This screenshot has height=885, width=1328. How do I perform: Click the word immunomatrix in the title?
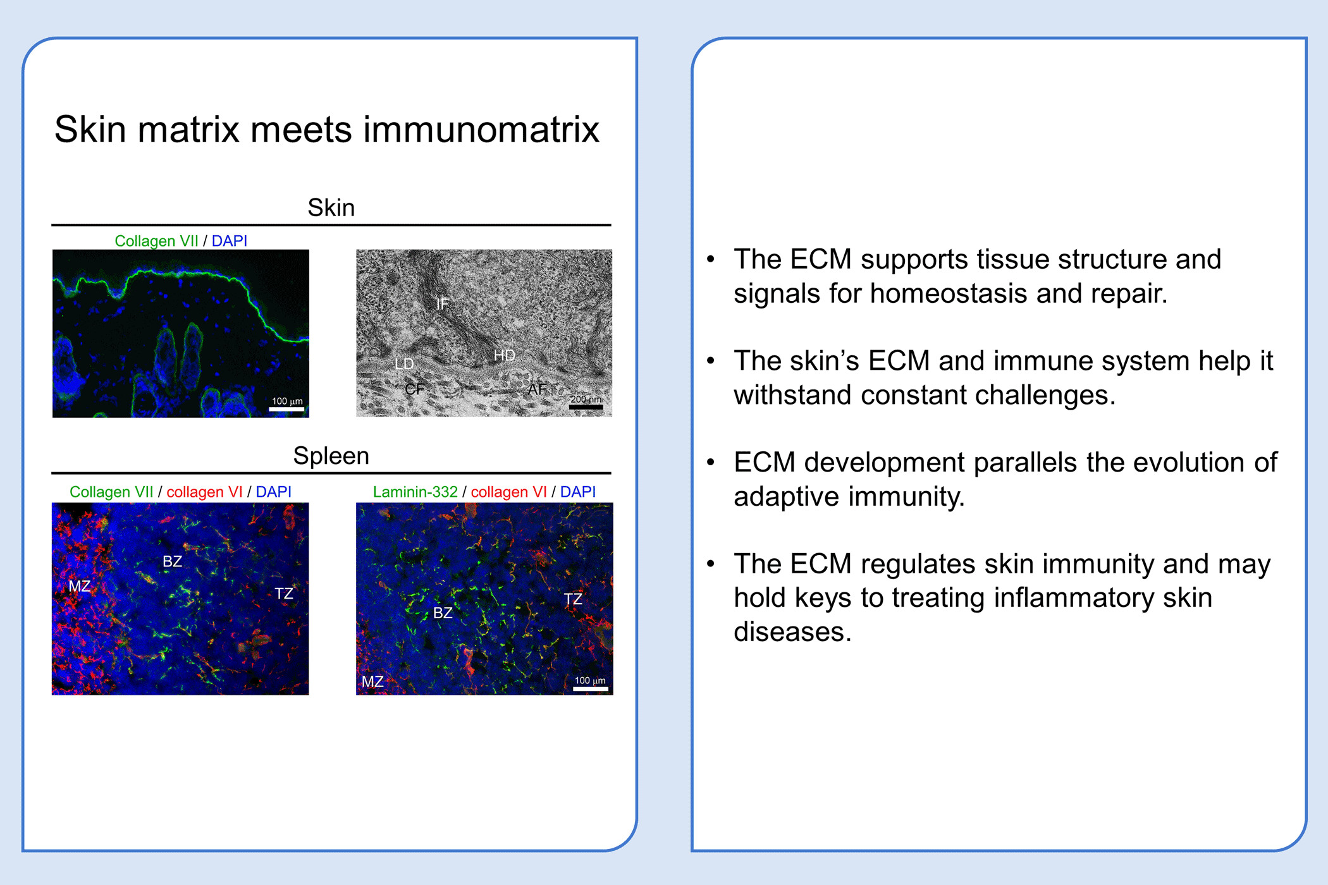pyautogui.click(x=481, y=130)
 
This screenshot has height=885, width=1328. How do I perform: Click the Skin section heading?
pyautogui.click(x=331, y=207)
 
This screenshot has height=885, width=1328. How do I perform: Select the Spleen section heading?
pyautogui.click(x=331, y=456)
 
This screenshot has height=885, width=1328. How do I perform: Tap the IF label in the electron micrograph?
pyautogui.click(x=442, y=303)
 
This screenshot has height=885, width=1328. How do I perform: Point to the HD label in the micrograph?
pyautogui.click(x=504, y=355)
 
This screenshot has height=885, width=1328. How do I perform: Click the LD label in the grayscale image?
pyautogui.click(x=404, y=363)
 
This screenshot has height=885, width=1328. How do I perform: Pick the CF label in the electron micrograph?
pyautogui.click(x=414, y=389)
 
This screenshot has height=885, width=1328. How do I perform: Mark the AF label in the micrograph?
pyautogui.click(x=537, y=389)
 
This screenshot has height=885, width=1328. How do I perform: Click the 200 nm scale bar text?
pyautogui.click(x=586, y=399)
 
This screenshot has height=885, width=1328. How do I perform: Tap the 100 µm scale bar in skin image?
pyautogui.click(x=286, y=410)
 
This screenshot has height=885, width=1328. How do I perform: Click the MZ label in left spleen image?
pyautogui.click(x=80, y=586)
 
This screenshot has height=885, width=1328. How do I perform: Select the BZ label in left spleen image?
pyautogui.click(x=172, y=561)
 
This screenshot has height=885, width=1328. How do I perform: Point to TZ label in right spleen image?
pyautogui.click(x=573, y=599)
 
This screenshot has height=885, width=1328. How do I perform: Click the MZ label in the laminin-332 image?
pyautogui.click(x=372, y=681)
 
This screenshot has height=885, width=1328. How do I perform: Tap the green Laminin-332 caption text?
pyautogui.click(x=415, y=492)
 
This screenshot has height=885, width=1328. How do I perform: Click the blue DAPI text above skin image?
pyautogui.click(x=229, y=241)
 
